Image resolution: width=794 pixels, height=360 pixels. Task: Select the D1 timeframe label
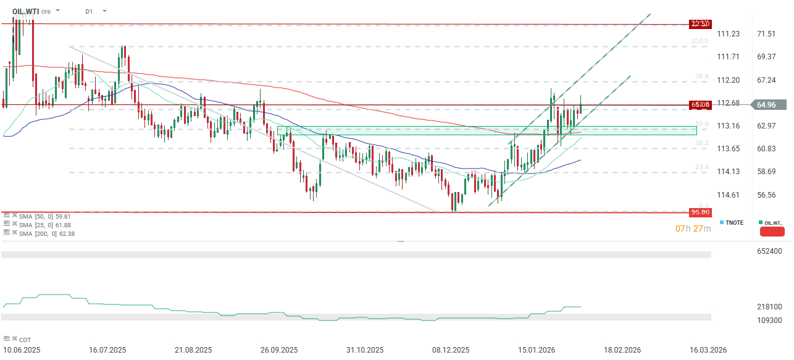pyautogui.click(x=90, y=11)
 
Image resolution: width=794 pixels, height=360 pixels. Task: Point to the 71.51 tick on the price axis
pyautogui.click(x=766, y=34)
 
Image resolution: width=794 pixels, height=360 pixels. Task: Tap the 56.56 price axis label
pyautogui.click(x=766, y=195)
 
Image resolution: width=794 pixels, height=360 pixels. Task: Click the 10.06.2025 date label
pyautogui.click(x=22, y=350)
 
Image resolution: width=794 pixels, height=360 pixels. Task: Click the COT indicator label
pyautogui.click(x=24, y=340)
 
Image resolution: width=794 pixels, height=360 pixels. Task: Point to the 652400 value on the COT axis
pyautogui.click(x=769, y=251)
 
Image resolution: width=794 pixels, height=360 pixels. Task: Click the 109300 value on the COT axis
pyautogui.click(x=769, y=320)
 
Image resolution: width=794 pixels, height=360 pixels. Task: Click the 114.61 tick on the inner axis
pyautogui.click(x=728, y=195)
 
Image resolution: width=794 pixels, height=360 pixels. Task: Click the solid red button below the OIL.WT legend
pyautogui.click(x=772, y=232)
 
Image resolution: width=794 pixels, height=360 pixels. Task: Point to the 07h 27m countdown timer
pyautogui.click(x=693, y=229)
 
